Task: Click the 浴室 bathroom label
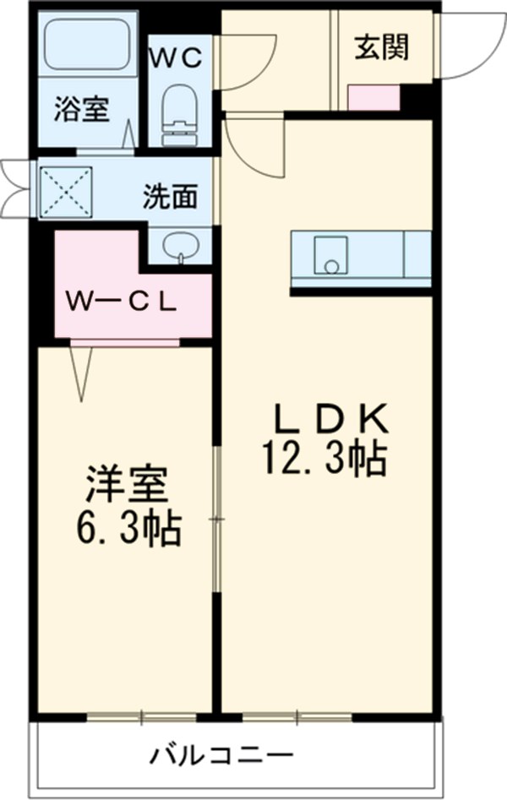point(84,110)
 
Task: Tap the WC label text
point(176,57)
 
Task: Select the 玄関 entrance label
point(380,48)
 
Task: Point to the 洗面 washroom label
point(170,197)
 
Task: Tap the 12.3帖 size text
point(324,460)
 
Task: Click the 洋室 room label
point(127,486)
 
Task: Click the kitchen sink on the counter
point(330,255)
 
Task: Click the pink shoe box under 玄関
point(373,98)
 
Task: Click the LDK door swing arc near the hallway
point(253,148)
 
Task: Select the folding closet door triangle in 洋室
point(83,372)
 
